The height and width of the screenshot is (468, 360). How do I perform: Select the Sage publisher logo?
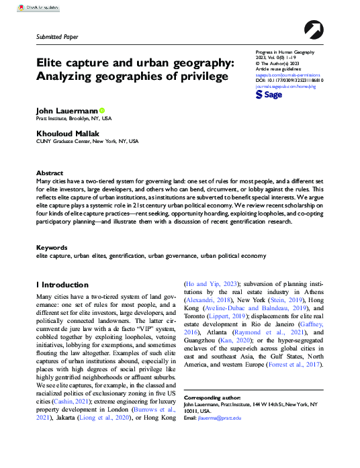tap(269, 96)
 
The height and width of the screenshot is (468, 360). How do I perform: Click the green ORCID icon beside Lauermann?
tap(102, 109)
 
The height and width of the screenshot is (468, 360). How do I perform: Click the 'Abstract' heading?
tap(50, 173)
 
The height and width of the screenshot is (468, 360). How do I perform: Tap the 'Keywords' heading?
tap(52, 248)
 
